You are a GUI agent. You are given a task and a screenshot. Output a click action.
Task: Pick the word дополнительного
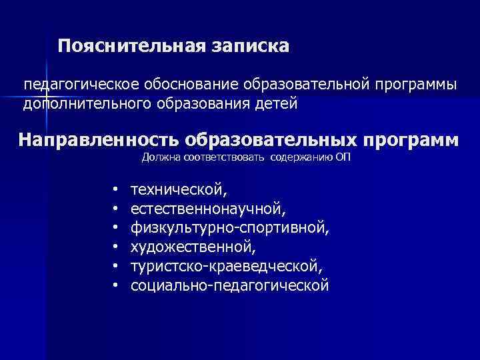pyautogui.click(x=88, y=103)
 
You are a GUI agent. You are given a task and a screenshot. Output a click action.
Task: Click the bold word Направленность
pyautogui.click(x=99, y=141)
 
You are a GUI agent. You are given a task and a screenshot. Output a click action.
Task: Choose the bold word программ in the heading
pyautogui.click(x=413, y=141)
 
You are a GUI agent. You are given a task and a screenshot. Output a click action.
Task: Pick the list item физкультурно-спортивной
pyautogui.click(x=230, y=229)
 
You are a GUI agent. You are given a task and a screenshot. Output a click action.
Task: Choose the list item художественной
pyautogui.click(x=193, y=247)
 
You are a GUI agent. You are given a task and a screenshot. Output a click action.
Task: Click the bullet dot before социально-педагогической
pyautogui.click(x=115, y=286)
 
